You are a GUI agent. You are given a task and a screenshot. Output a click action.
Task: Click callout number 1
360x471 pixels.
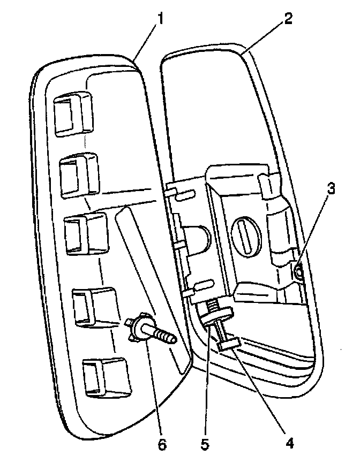pos(159,21)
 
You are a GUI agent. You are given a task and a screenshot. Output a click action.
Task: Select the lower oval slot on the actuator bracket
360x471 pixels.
pos(204,284)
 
